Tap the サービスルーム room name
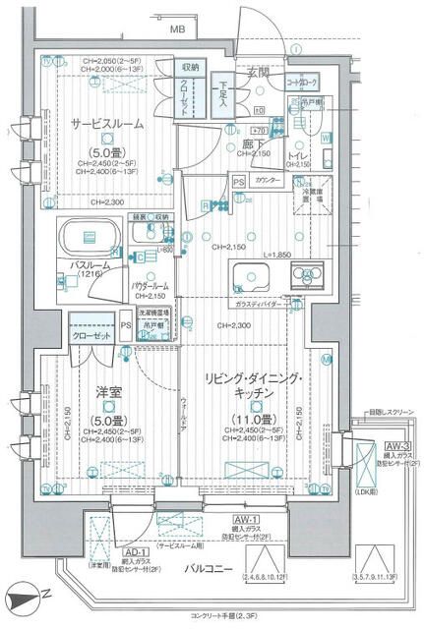[107, 125]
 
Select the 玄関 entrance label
[258, 72]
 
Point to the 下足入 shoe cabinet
[224, 95]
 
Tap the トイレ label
[298, 154]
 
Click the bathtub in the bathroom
[90, 237]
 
